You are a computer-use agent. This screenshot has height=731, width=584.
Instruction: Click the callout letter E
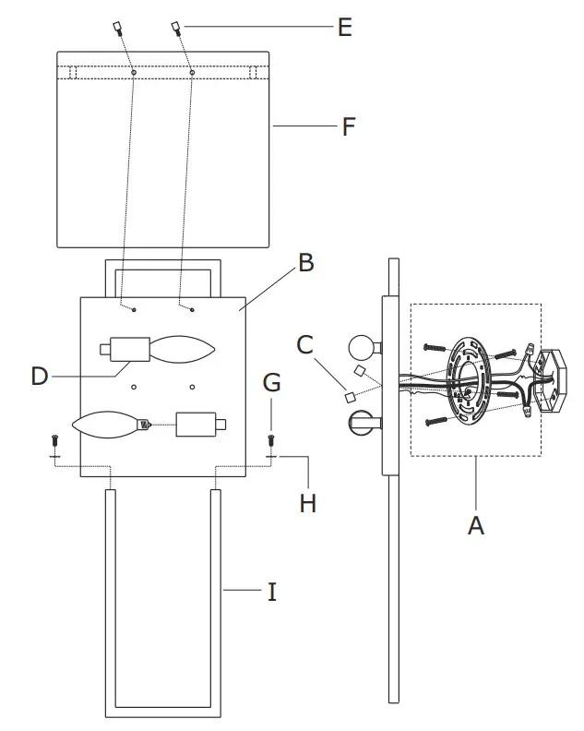pos(344,28)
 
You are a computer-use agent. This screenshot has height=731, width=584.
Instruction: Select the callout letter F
pos(348,126)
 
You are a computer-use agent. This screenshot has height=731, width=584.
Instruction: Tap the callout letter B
pos(305,263)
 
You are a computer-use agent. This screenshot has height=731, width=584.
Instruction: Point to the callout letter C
pos(305,344)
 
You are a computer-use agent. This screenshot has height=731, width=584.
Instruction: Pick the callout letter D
pos(39,376)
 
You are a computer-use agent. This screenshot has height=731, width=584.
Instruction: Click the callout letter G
pos(271,382)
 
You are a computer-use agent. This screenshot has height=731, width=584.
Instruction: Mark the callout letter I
pos(271,592)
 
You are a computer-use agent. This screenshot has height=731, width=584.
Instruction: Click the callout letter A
pos(475,525)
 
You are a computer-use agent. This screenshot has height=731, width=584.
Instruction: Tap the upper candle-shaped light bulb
pos(183,349)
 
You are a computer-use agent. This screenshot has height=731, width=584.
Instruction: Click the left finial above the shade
pos(118,28)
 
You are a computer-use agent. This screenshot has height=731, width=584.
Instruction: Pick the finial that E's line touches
pos(174,28)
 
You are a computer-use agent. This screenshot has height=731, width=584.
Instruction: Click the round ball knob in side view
pos(363,348)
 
